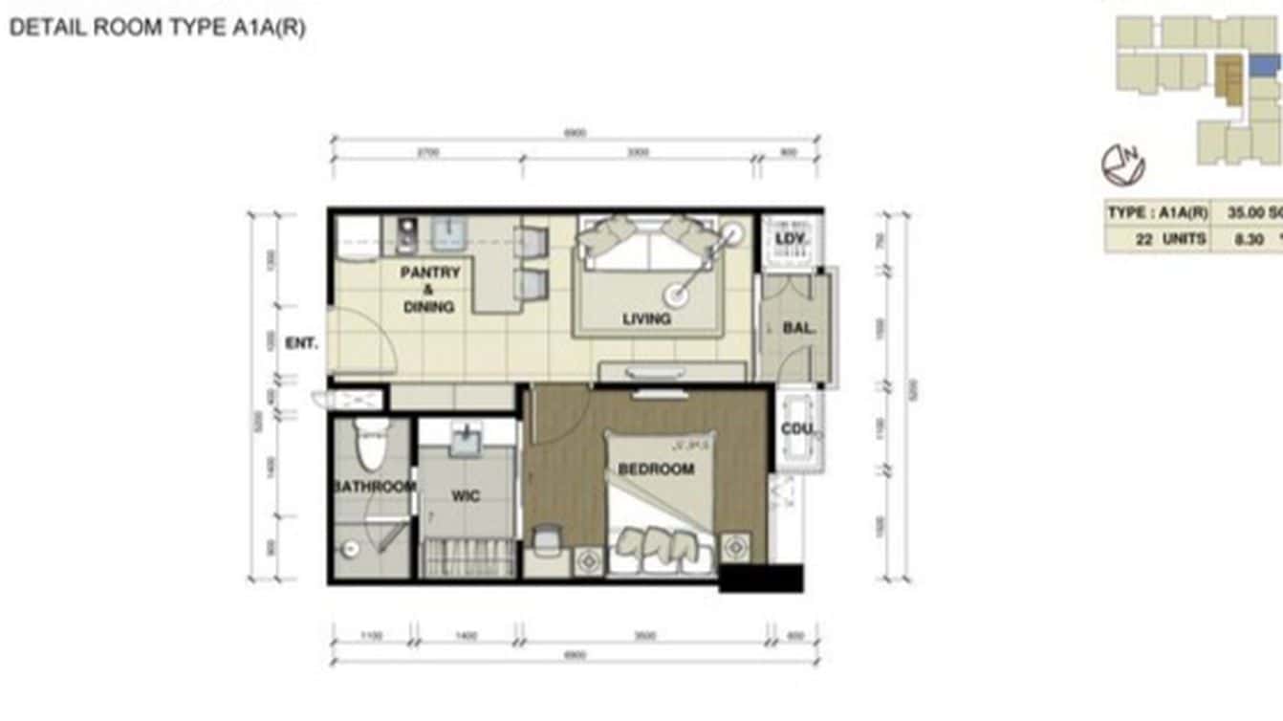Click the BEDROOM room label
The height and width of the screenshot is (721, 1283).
[x=656, y=470]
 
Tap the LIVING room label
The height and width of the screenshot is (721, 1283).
[x=646, y=318]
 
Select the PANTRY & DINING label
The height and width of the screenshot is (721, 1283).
[x=429, y=289]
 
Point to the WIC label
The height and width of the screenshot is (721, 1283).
[x=466, y=496]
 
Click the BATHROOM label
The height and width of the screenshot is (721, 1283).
[x=374, y=487]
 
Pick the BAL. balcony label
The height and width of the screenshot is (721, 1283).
[x=798, y=328]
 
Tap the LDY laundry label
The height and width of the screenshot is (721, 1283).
[x=790, y=238]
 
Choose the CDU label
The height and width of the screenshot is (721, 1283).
[x=796, y=429]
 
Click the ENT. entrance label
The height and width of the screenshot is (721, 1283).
[x=301, y=343]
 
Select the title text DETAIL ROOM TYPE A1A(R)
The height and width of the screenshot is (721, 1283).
[x=158, y=28]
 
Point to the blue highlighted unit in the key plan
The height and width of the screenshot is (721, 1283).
[x=1266, y=66]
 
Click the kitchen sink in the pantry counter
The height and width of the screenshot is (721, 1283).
[x=446, y=232]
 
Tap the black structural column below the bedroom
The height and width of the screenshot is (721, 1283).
[x=760, y=578]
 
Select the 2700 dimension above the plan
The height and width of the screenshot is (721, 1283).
[x=427, y=152]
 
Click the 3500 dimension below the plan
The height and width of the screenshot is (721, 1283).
[x=645, y=635]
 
